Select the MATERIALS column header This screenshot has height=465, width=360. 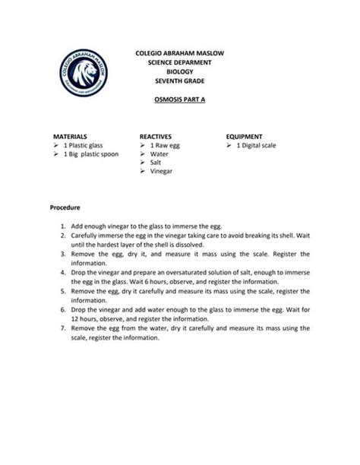pyautogui.click(x=69, y=134)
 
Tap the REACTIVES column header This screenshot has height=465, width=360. pyautogui.click(x=155, y=134)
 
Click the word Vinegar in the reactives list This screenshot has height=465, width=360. pyautogui.click(x=162, y=172)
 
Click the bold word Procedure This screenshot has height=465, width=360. pyautogui.click(x=65, y=207)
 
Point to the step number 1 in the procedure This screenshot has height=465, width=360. pyautogui.click(x=61, y=226)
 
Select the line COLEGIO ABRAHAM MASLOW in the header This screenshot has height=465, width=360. pyautogui.click(x=179, y=54)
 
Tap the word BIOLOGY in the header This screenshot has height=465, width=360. pyautogui.click(x=179, y=72)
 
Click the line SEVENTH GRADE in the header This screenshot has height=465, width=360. pyautogui.click(x=179, y=81)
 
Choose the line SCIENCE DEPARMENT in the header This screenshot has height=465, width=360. pyautogui.click(x=179, y=63)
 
